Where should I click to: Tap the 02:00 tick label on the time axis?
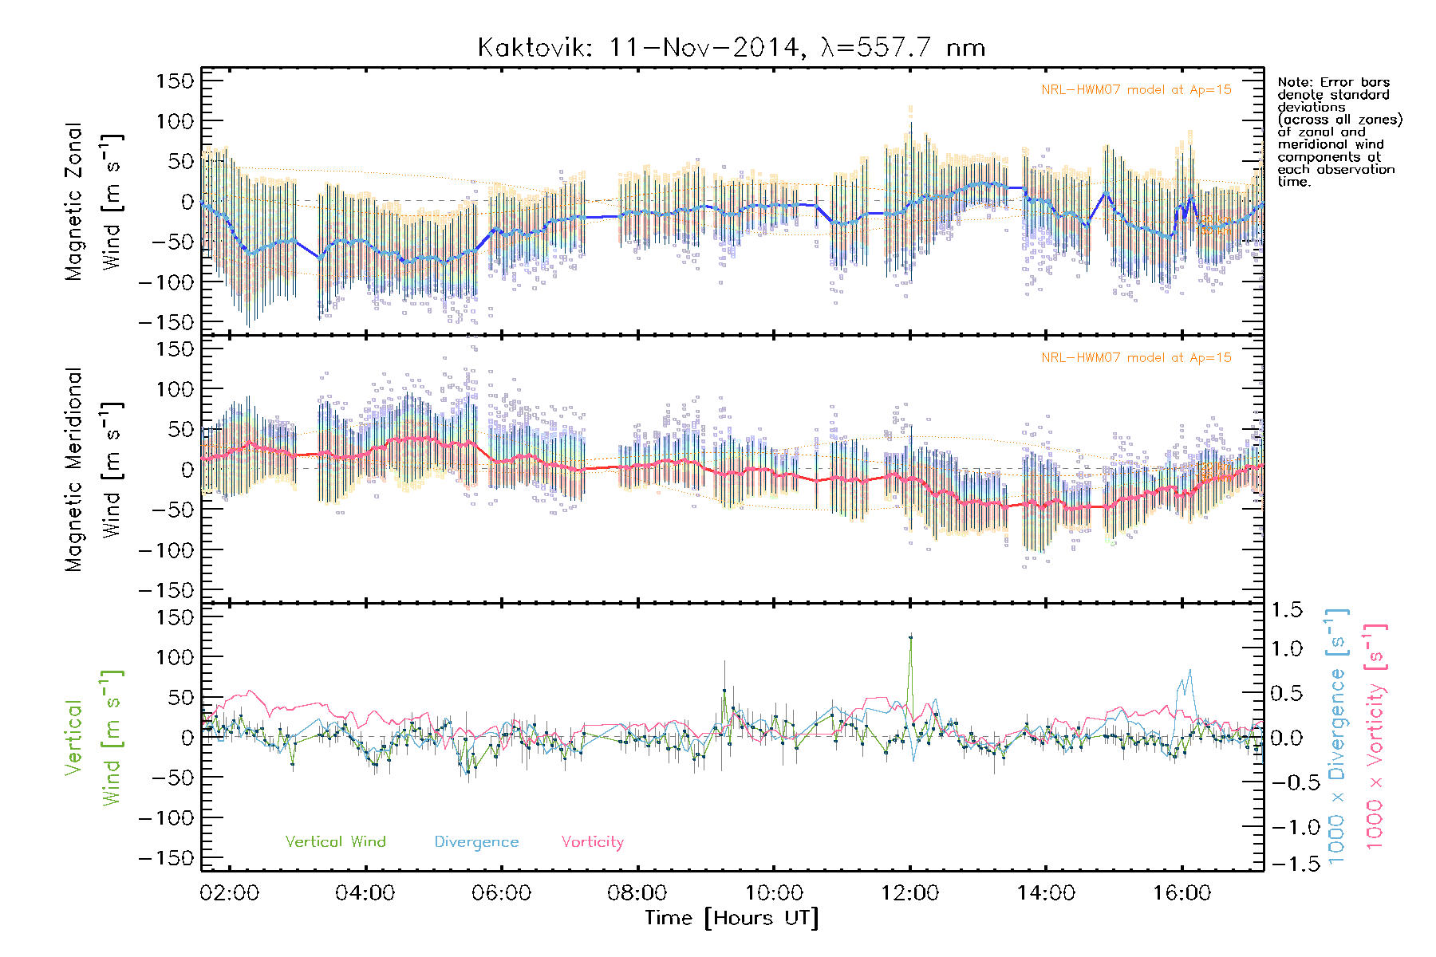pos(230,893)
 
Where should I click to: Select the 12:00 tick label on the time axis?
pos(909,893)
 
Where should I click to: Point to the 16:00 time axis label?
pos(1182,893)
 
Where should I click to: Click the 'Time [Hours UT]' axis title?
pos(732,919)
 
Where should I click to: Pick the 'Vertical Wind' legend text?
pos(335,842)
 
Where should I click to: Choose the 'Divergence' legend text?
pos(476,842)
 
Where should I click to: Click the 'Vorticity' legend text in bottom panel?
pos(592,842)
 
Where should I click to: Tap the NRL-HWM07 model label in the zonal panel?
pos(1136,90)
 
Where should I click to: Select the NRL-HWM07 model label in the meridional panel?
pos(1136,358)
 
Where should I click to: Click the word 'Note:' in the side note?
pos(1295,83)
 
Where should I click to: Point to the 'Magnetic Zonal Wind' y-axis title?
pos(94,202)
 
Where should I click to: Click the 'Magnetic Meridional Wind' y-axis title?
pos(94,470)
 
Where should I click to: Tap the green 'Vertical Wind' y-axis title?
pos(94,738)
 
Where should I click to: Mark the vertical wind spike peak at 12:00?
pos(910,636)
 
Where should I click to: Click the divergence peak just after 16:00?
pos(1190,671)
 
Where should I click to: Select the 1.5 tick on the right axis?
pos(1286,610)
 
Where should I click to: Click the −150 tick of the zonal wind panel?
pos(167,322)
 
